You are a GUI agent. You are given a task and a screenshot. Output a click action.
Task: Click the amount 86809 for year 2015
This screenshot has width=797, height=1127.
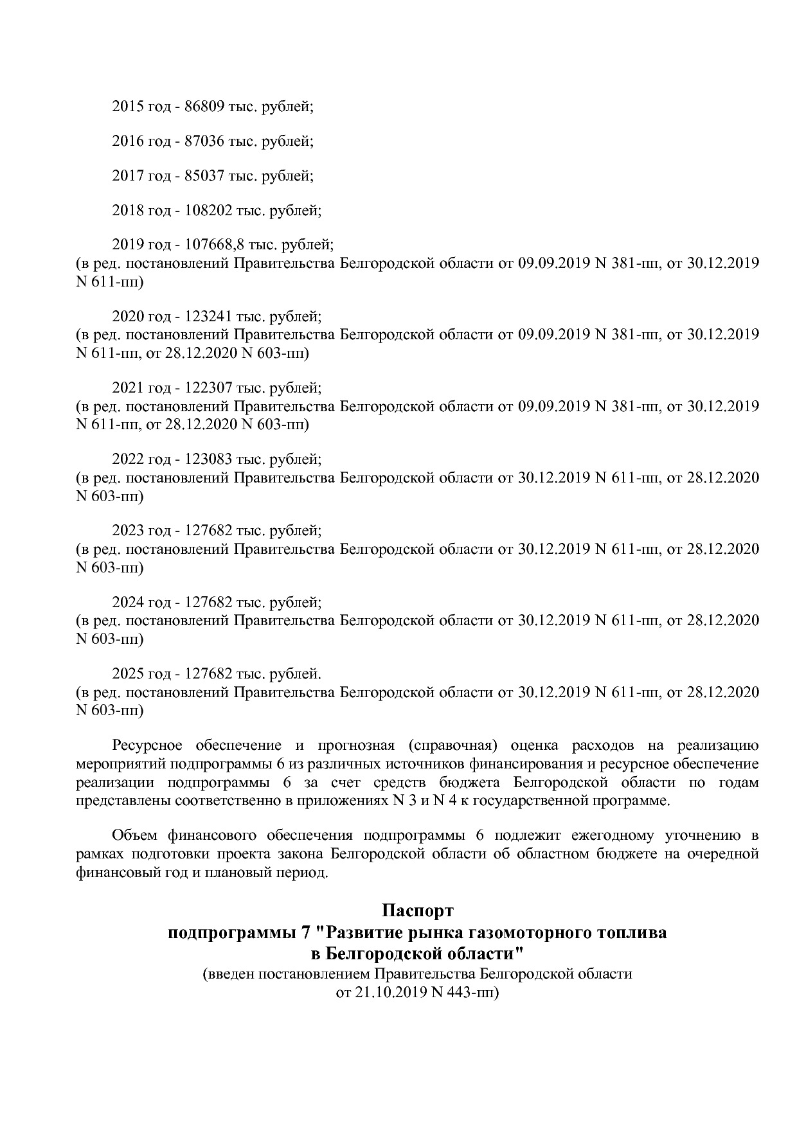point(204,107)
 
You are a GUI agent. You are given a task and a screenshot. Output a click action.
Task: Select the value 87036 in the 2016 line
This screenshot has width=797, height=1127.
point(204,141)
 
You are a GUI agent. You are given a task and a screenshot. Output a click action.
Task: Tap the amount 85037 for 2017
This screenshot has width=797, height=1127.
point(204,175)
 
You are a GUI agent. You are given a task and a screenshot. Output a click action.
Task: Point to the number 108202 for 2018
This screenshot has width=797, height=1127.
point(208,210)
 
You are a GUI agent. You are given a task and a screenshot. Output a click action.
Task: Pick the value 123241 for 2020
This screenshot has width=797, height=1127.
point(208,316)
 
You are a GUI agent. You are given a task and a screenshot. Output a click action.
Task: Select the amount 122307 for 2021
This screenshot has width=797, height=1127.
point(208,388)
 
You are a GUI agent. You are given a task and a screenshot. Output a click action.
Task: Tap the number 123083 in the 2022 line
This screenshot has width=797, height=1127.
point(208,459)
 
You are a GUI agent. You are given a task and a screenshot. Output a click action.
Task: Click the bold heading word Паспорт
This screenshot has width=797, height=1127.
point(417,911)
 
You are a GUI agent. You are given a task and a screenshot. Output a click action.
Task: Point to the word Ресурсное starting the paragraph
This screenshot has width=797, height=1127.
point(147,746)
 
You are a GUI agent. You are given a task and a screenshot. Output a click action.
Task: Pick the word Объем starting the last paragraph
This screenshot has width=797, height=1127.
point(135,836)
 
